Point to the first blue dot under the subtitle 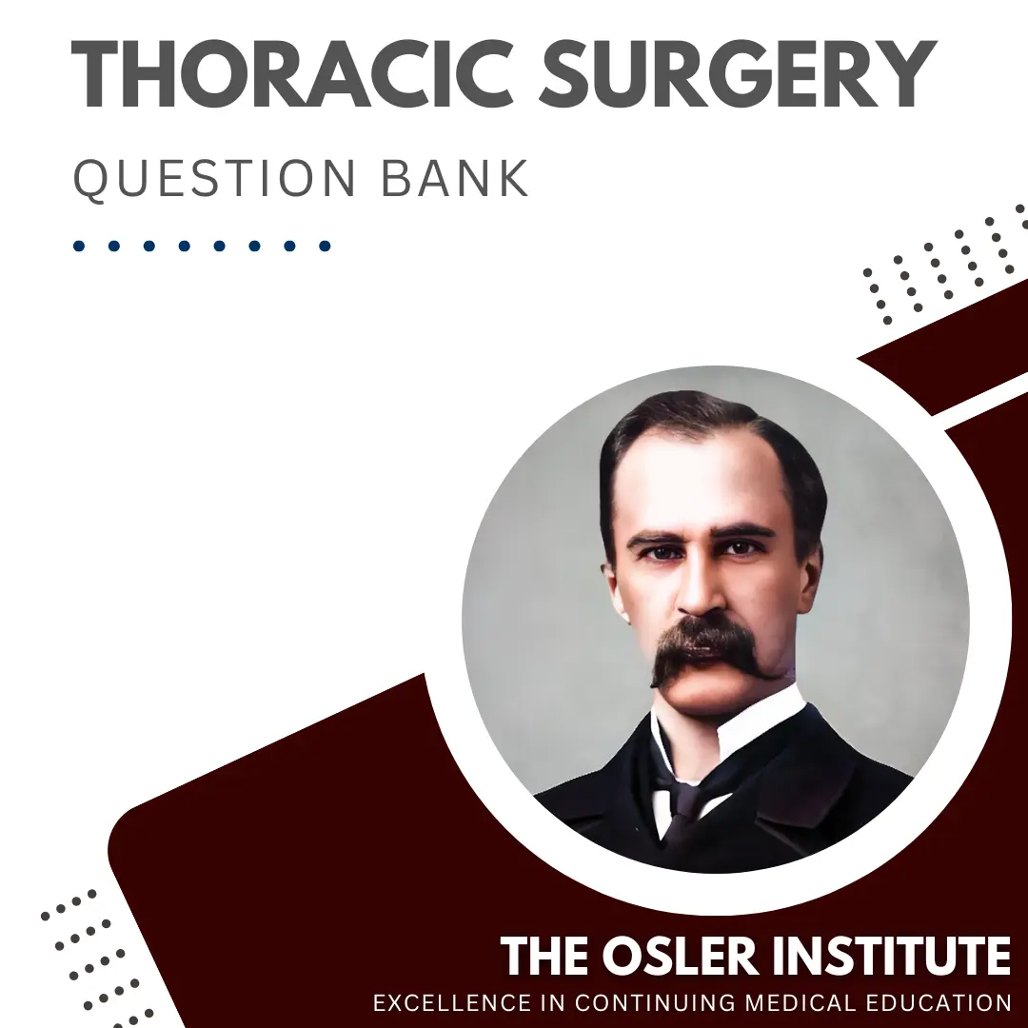click(79, 246)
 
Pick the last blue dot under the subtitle click(325, 246)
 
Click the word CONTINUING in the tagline click(657, 1003)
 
